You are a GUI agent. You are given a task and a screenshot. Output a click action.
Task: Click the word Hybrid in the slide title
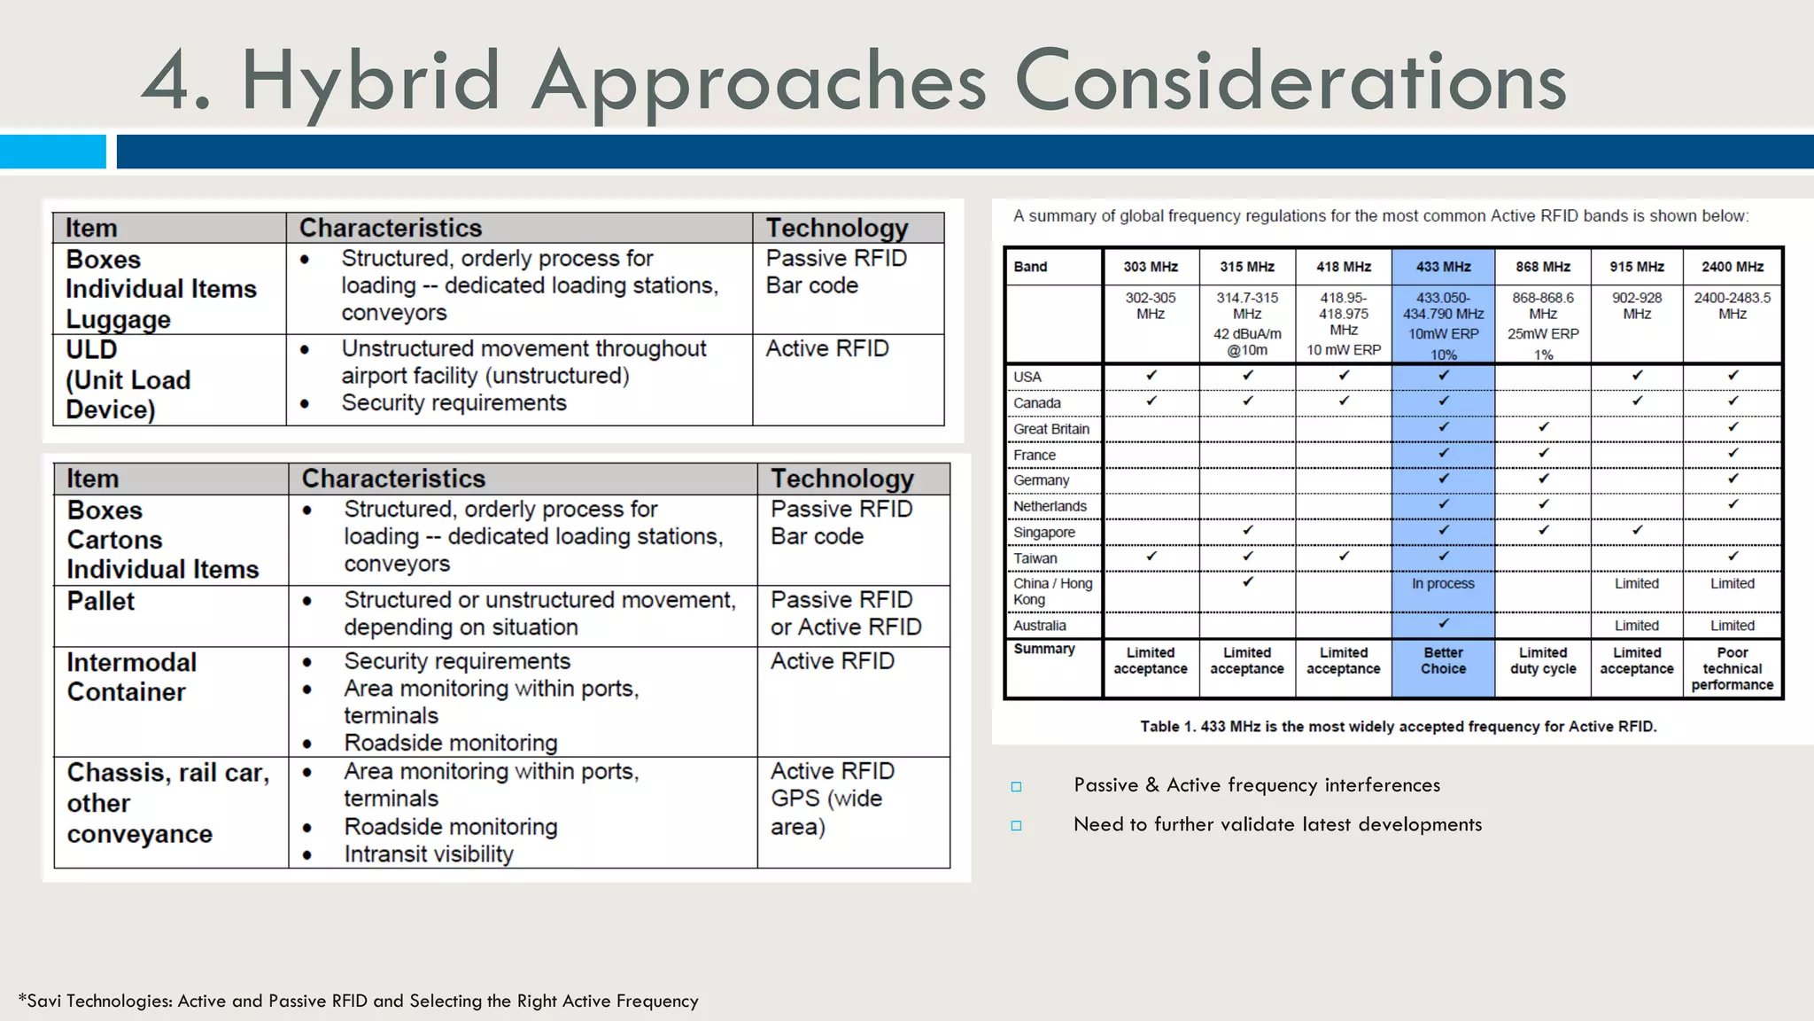point(370,82)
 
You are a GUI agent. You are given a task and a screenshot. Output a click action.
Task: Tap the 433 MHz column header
point(1443,267)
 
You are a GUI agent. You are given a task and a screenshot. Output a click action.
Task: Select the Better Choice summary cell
point(1443,660)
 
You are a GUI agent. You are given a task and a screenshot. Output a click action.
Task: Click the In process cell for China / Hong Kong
point(1443,583)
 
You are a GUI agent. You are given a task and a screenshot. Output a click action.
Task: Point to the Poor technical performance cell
point(1732,668)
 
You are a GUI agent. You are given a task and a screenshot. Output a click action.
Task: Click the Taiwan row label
point(1035,558)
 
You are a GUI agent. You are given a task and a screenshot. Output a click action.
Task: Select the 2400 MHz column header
point(1732,267)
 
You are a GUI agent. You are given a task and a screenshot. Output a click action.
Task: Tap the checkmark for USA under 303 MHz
point(1151,376)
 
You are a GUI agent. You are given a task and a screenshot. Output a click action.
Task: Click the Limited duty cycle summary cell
point(1542,660)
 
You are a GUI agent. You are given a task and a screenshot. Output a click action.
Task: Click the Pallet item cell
point(101,601)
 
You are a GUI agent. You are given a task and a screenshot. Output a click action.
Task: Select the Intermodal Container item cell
point(131,677)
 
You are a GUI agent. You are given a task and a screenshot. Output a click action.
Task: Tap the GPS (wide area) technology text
point(826,812)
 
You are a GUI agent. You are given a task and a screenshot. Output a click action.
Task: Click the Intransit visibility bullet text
point(429,854)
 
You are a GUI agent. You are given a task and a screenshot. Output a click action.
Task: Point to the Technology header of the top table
point(837,228)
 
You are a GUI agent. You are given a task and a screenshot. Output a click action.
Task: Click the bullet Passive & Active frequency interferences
point(1256,785)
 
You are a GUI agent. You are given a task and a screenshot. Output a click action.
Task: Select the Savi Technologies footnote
point(358,1001)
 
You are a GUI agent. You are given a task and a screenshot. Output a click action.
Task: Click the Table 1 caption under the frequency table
point(1398,727)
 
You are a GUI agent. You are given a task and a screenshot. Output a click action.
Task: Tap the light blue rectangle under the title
point(52,152)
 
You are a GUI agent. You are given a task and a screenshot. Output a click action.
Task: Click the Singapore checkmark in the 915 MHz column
point(1636,531)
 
